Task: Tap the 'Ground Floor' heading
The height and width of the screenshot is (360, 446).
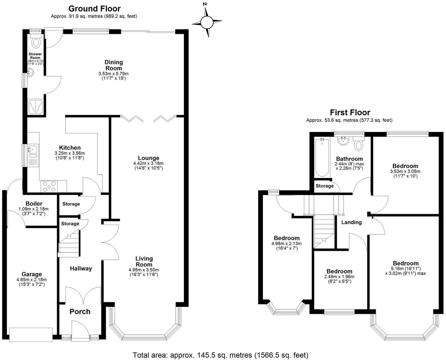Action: (x=94, y=9)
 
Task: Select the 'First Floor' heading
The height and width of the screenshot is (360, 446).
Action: (x=350, y=113)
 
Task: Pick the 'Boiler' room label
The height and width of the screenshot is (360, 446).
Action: (x=34, y=204)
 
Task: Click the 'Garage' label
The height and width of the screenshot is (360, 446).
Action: (x=32, y=274)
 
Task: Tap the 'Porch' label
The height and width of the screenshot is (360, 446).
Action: (x=80, y=312)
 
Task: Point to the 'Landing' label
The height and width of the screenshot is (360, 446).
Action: (x=351, y=222)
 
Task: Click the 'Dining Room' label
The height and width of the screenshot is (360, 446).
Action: (x=114, y=65)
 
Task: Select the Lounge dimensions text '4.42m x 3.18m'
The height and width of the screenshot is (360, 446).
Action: (x=148, y=163)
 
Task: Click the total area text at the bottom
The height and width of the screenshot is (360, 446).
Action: (x=220, y=355)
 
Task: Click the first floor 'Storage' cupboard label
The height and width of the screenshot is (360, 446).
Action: (x=325, y=186)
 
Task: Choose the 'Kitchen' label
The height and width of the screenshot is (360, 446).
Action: (x=70, y=148)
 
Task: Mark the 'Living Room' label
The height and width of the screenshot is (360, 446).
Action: (x=144, y=261)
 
